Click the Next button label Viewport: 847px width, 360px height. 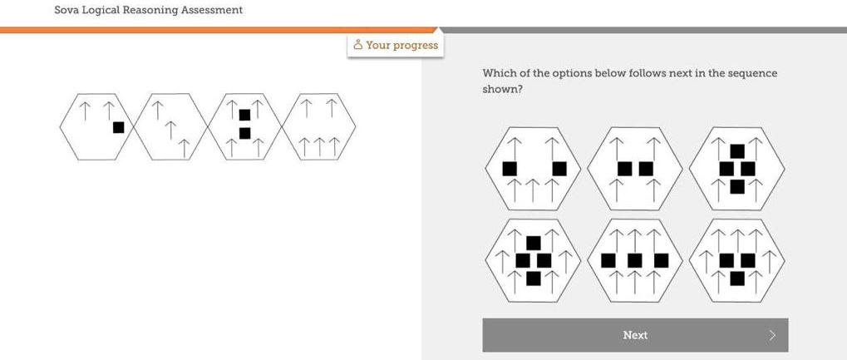tap(635, 335)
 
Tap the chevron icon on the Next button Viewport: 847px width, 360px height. tap(772, 335)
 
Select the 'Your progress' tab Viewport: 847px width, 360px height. tap(396, 45)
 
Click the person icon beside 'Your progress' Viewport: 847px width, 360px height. tap(357, 45)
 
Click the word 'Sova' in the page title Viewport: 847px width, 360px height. tap(66, 10)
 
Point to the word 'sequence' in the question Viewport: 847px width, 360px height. tap(752, 73)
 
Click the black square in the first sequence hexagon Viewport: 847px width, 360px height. tap(119, 127)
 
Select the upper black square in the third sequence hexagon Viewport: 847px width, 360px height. tap(244, 115)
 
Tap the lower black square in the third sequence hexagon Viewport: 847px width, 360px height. tap(244, 133)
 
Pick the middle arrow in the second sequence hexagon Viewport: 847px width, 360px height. tap(170, 130)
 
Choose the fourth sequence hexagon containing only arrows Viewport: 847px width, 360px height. tap(319, 126)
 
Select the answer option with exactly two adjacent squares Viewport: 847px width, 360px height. tap(635, 169)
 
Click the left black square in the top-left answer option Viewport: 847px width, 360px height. tap(510, 169)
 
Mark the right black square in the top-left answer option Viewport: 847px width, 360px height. tap(559, 169)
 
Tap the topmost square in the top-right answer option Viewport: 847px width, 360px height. tap(737, 151)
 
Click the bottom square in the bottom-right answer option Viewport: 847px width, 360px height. tap(737, 278)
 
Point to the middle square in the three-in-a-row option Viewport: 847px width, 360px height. tap(635, 261)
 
